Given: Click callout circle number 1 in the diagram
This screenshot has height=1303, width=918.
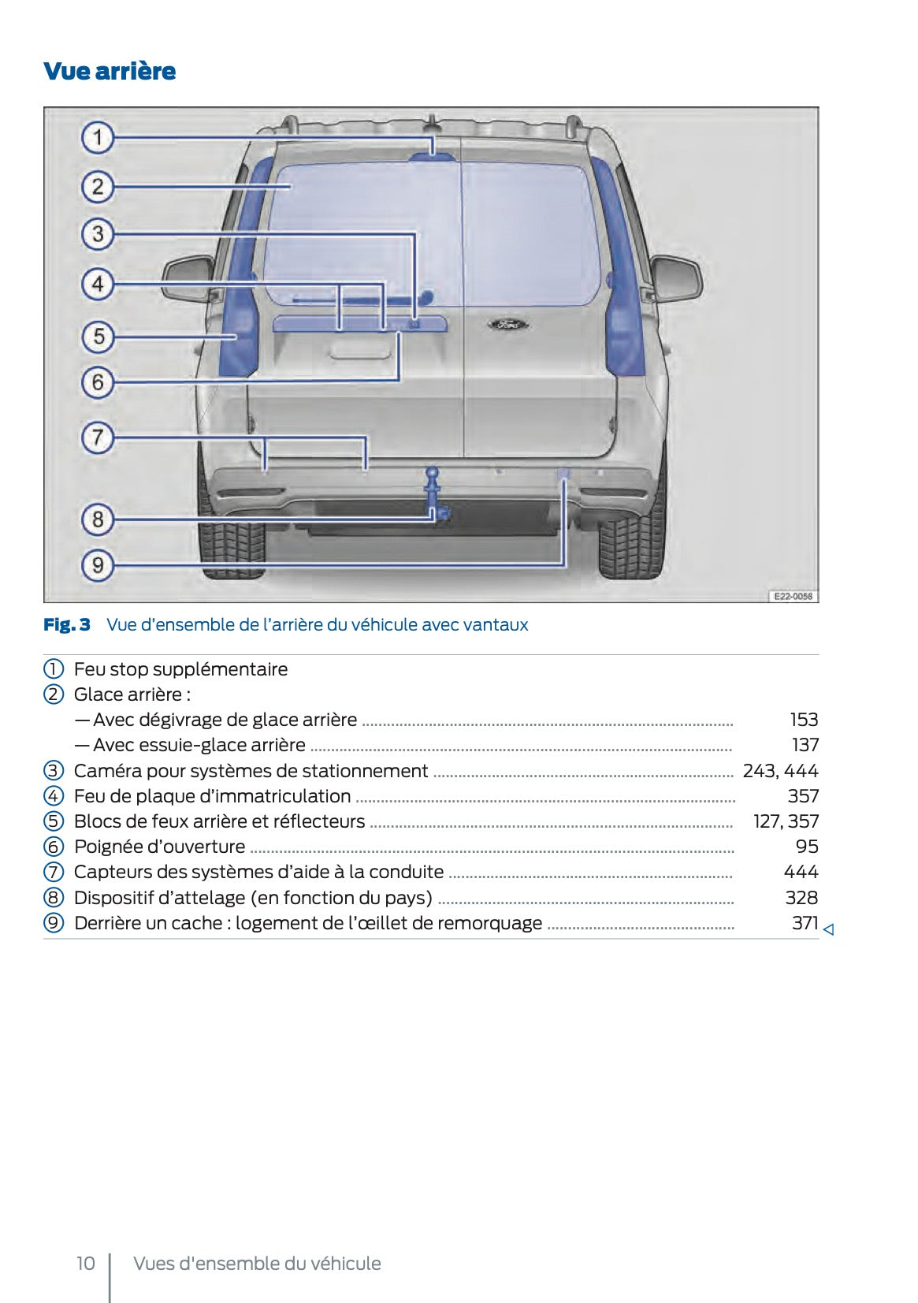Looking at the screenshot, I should coord(98,138).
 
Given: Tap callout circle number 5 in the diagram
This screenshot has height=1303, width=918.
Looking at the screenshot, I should coord(98,337).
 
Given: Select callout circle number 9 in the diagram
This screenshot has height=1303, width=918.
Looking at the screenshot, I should coord(98,565).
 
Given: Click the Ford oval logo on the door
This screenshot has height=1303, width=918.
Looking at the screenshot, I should coord(507,324).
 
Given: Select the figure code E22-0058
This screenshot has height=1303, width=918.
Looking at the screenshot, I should coord(792,596).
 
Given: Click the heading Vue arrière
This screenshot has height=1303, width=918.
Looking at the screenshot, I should coord(110,71).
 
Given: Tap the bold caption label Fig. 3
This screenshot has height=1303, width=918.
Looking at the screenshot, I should coord(67,625).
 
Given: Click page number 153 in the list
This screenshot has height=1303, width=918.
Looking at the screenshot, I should coord(804,720).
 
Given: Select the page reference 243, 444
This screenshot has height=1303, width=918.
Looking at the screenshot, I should coord(780,771).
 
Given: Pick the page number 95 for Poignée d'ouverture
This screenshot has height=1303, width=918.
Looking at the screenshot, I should coord(807,847).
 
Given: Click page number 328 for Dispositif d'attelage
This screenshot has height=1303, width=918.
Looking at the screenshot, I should coord(801,898).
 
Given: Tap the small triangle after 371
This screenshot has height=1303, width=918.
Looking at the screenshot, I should coord(828,930).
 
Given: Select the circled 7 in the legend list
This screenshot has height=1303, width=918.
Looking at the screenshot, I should coord(53,873).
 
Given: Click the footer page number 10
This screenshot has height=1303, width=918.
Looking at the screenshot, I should coord(85,1264).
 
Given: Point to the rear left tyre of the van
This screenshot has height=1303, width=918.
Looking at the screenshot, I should coord(230,544).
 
